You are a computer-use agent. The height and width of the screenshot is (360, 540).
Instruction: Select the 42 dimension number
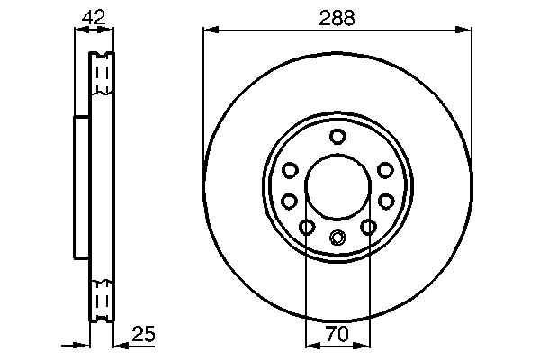pyautogui.click(x=94, y=16)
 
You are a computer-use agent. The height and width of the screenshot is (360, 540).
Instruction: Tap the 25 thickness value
pyautogui.click(x=144, y=334)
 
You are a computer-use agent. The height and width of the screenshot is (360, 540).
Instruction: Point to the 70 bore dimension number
pyautogui.click(x=337, y=334)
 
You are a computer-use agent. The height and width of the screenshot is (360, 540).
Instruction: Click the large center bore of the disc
pyautogui.click(x=337, y=185)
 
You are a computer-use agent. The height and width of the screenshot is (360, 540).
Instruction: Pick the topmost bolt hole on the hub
pyautogui.click(x=337, y=137)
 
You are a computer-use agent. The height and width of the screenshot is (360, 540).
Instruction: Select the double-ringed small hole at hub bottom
pyautogui.click(x=337, y=238)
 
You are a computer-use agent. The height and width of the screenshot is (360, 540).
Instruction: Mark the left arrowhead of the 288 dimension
pyautogui.click(x=210, y=31)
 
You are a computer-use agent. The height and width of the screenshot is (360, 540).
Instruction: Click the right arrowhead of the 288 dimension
pyautogui.click(x=466, y=31)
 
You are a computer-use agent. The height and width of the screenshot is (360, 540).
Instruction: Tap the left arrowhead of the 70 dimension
pyautogui.click(x=311, y=345)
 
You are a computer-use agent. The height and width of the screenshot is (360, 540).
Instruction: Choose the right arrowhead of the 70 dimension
pyautogui.click(x=364, y=345)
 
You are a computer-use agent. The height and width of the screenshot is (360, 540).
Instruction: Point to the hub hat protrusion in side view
pyautogui.click(x=81, y=185)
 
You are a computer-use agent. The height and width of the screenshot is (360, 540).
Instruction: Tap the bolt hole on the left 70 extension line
pyautogui.click(x=307, y=227)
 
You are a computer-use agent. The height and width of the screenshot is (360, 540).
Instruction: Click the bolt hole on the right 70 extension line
pyautogui.click(x=368, y=227)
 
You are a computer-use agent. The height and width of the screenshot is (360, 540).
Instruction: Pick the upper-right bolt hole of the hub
pyautogui.click(x=385, y=170)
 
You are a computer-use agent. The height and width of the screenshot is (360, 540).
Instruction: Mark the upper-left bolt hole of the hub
pyautogui.click(x=290, y=170)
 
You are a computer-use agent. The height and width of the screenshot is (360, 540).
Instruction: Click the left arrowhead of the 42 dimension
pyautogui.click(x=78, y=31)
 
